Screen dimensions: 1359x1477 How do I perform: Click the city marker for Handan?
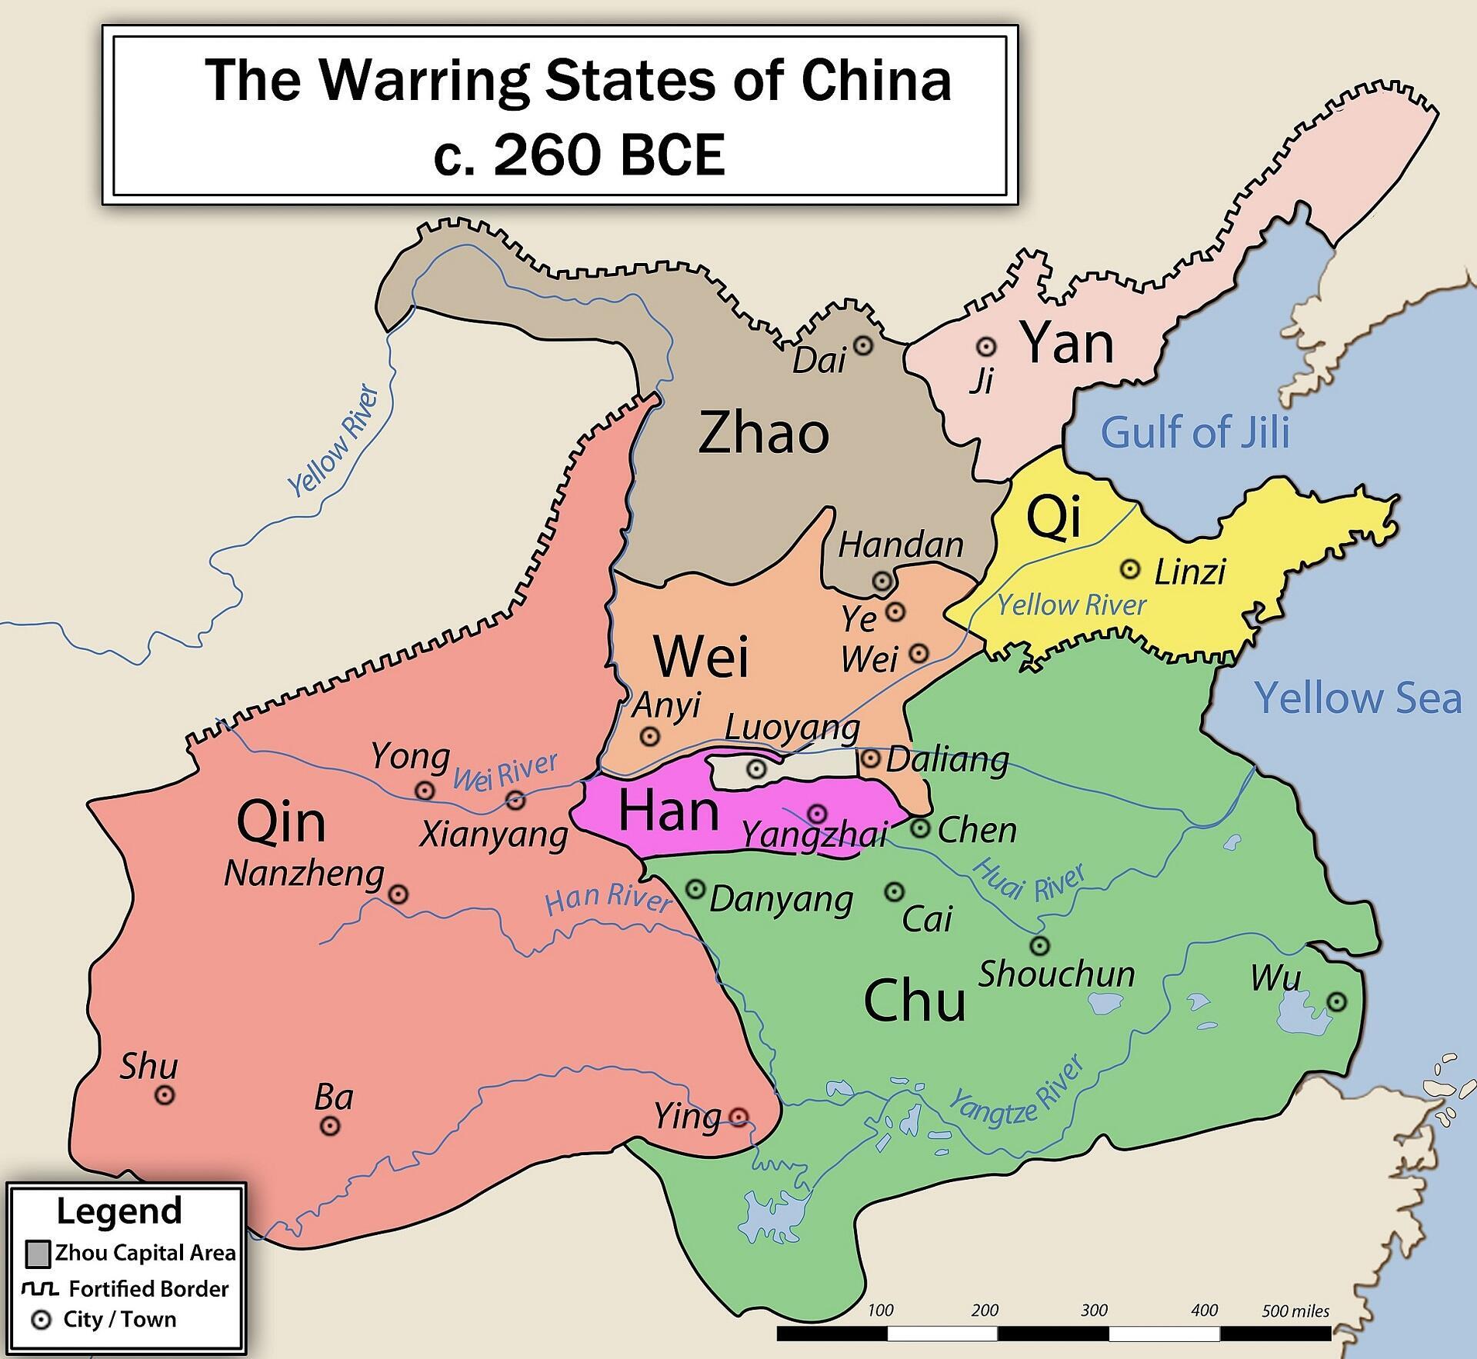[x=882, y=581]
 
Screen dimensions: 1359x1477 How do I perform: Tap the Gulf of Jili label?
[x=1194, y=432]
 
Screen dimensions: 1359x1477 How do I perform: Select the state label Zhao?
[x=763, y=433]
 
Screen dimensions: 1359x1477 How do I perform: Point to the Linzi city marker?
[x=1129, y=569]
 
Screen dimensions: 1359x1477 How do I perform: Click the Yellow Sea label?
[x=1357, y=698]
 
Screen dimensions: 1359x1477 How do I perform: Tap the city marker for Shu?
[x=165, y=1095]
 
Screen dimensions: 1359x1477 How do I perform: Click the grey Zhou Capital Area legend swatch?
[x=38, y=1254]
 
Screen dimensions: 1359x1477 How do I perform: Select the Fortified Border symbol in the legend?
[x=41, y=1288]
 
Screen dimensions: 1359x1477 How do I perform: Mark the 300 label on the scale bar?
[x=1093, y=1310]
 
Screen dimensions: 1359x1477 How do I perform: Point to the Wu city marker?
[x=1337, y=1001]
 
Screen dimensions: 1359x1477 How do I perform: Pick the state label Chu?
[x=914, y=1001]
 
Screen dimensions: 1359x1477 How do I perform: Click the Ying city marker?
[x=738, y=1116]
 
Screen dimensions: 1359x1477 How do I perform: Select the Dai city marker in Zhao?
[x=864, y=345]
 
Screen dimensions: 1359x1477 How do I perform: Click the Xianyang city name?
[x=493, y=834]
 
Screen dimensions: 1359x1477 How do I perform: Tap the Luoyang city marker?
[x=757, y=768]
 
